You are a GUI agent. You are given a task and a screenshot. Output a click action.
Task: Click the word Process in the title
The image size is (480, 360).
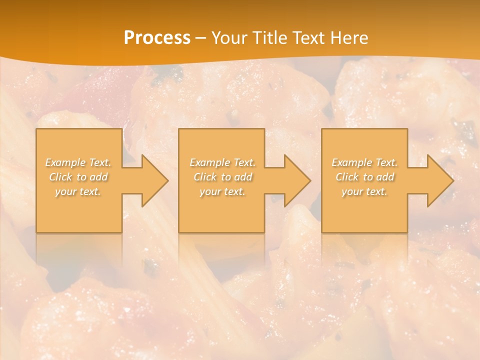[157, 38]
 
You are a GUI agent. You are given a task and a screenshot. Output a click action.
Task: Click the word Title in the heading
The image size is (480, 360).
[269, 38]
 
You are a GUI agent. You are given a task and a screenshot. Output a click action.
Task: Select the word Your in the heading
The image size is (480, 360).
[228, 38]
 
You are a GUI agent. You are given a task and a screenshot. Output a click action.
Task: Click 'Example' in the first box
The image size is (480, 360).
[66, 162]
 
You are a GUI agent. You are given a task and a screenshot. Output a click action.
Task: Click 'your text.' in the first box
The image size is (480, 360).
[78, 191]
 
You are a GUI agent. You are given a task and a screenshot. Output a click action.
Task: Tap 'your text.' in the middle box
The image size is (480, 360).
[222, 191]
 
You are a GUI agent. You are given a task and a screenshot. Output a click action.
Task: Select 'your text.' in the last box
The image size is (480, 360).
[364, 191]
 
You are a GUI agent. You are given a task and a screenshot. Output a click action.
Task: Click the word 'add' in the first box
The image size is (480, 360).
[99, 177]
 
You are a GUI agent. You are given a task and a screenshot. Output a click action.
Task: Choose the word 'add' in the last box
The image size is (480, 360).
[385, 177]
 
